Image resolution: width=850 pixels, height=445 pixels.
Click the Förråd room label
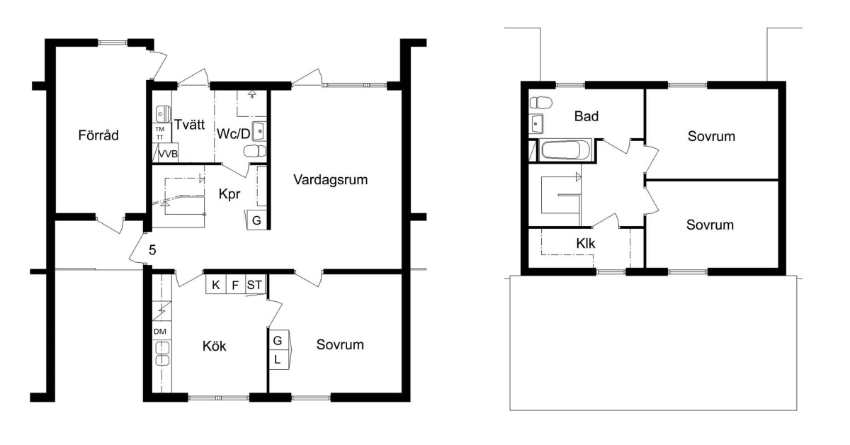[x=98, y=135]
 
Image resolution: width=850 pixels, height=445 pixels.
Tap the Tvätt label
[x=189, y=125]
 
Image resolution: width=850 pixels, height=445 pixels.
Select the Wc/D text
[x=233, y=134]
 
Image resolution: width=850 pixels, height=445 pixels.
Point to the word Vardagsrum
[x=331, y=179]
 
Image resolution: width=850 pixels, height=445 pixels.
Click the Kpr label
[x=229, y=194]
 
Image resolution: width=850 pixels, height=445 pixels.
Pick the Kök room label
[x=214, y=346]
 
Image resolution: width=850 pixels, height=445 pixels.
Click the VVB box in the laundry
[x=166, y=153]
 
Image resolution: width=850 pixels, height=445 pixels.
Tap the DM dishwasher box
[x=161, y=331]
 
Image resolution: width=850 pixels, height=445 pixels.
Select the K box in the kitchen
[x=216, y=285]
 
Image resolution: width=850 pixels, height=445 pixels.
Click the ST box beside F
[x=254, y=285]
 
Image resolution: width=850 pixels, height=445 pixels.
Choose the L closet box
[x=278, y=359]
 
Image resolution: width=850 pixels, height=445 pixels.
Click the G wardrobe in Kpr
[x=256, y=220]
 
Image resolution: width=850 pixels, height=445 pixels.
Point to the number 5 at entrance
[x=152, y=250]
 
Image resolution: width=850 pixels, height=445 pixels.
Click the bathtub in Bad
[x=565, y=150]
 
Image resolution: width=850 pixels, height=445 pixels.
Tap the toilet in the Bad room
[x=540, y=103]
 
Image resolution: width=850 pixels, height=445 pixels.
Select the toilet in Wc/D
[x=255, y=151]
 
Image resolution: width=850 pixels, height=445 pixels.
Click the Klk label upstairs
[x=586, y=243]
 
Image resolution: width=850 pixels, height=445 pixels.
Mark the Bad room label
[x=586, y=116]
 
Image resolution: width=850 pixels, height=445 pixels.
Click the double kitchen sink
[x=162, y=354]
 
